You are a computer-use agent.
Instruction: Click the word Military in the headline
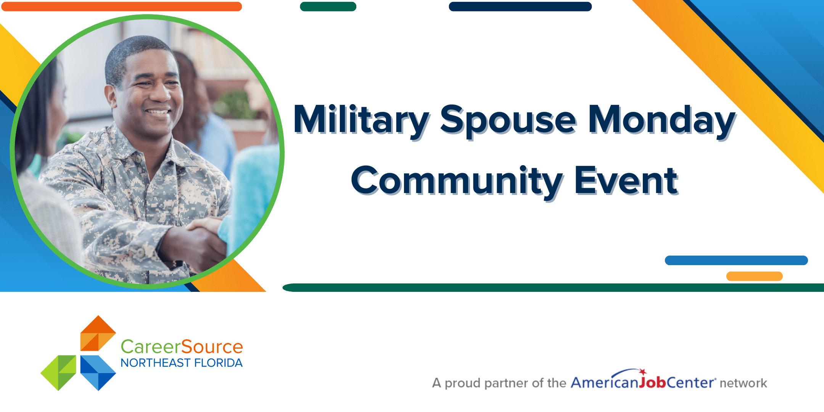coord(361,120)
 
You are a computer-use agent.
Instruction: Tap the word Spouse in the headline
coord(508,121)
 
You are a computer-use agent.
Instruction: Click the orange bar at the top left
coord(121,6)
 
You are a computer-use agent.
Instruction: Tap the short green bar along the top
coord(328,6)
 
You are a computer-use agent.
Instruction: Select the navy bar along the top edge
coord(520,6)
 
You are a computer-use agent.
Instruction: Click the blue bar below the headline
coord(736,260)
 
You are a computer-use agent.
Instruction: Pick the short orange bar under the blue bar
coord(754,276)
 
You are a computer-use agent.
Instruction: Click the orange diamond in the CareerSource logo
coord(98,333)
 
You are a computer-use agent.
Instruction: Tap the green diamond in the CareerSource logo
coord(58,373)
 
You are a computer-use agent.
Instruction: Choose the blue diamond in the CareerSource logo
coord(98,373)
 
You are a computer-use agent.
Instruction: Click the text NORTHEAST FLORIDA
coord(182,363)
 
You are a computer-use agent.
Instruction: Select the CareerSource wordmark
coord(182,347)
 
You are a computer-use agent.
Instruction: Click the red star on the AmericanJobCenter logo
coord(643,372)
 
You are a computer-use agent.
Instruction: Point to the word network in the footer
coord(743,383)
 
